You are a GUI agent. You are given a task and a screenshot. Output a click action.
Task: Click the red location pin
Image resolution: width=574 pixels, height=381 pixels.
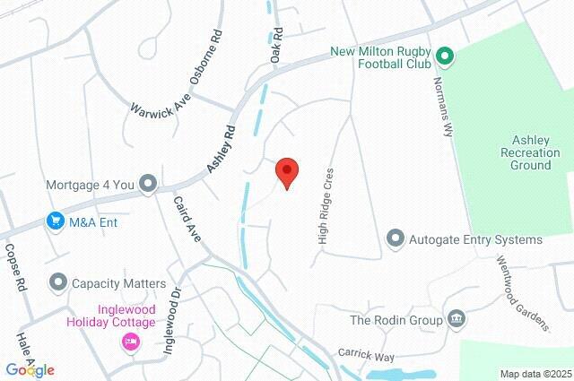pyautogui.click(x=286, y=171)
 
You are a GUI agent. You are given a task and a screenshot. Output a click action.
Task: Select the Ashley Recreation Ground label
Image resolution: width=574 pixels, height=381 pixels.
pyautogui.click(x=535, y=152)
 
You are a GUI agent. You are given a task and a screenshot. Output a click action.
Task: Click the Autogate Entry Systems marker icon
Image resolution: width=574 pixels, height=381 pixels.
pyautogui.click(x=395, y=239)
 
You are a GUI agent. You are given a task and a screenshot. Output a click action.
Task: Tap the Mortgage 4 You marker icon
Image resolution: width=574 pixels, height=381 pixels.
pyautogui.click(x=149, y=185)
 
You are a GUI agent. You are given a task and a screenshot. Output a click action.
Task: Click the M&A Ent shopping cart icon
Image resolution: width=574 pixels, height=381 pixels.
pyautogui.click(x=56, y=221)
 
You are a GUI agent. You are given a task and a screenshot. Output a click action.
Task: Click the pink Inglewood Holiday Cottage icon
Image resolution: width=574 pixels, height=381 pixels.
pyautogui.click(x=131, y=342)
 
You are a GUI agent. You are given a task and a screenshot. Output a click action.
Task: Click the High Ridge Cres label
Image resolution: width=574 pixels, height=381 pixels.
pyautogui.click(x=326, y=207)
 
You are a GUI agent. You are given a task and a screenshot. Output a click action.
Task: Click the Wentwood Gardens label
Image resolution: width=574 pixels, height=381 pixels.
pyautogui.click(x=523, y=292)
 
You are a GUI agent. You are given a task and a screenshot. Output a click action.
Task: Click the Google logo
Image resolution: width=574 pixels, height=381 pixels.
pyautogui.click(x=30, y=369)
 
